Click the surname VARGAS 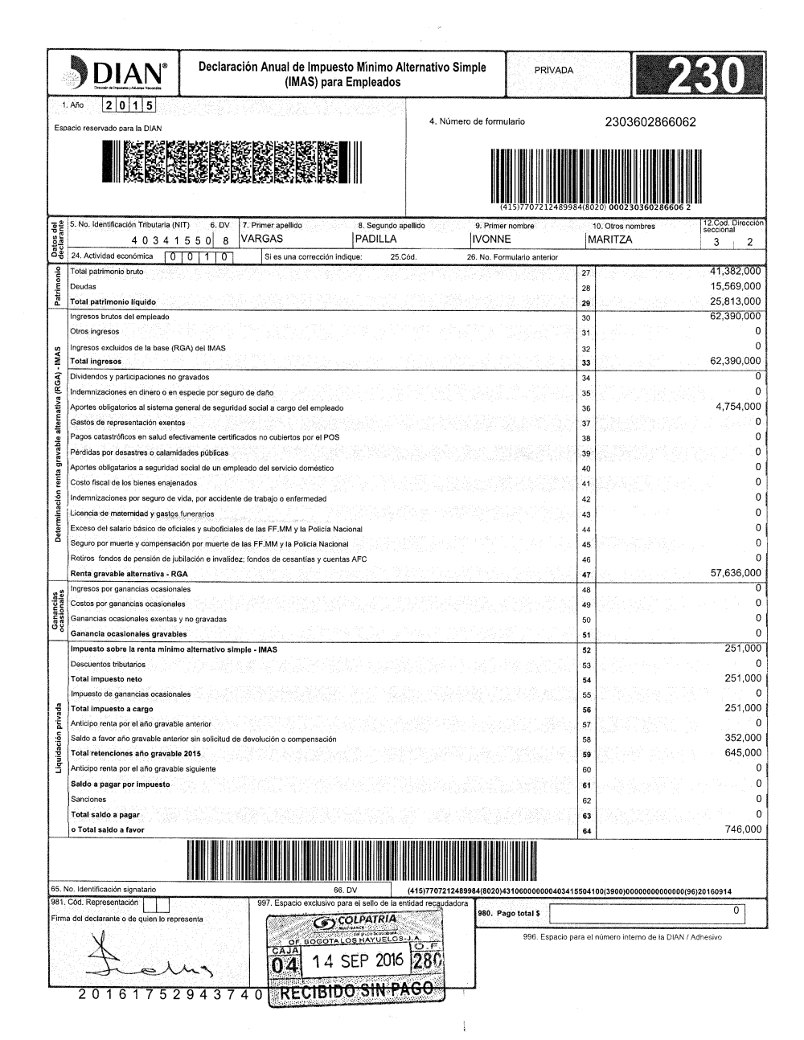click(262, 240)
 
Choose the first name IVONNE click(492, 240)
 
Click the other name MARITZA click(610, 240)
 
